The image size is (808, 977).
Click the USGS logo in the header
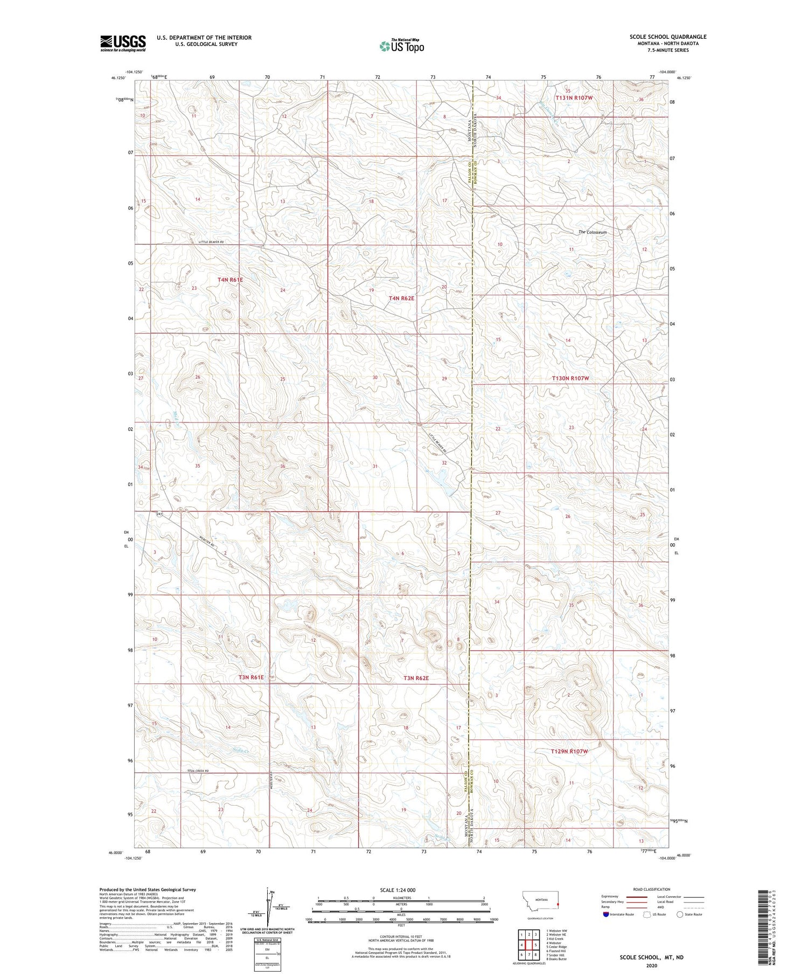click(123, 43)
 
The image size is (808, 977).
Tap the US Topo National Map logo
click(402, 46)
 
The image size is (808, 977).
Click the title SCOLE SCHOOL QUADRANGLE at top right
click(668, 37)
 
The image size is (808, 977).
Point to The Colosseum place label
click(593, 232)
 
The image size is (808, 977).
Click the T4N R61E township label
click(230, 280)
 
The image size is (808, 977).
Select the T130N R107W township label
click(570, 378)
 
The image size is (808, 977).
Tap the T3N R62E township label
click(416, 678)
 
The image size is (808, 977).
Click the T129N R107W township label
click(569, 751)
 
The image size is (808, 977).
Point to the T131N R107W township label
click(574, 98)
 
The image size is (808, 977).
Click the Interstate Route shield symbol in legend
click(606, 914)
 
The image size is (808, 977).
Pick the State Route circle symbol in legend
click(680, 914)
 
